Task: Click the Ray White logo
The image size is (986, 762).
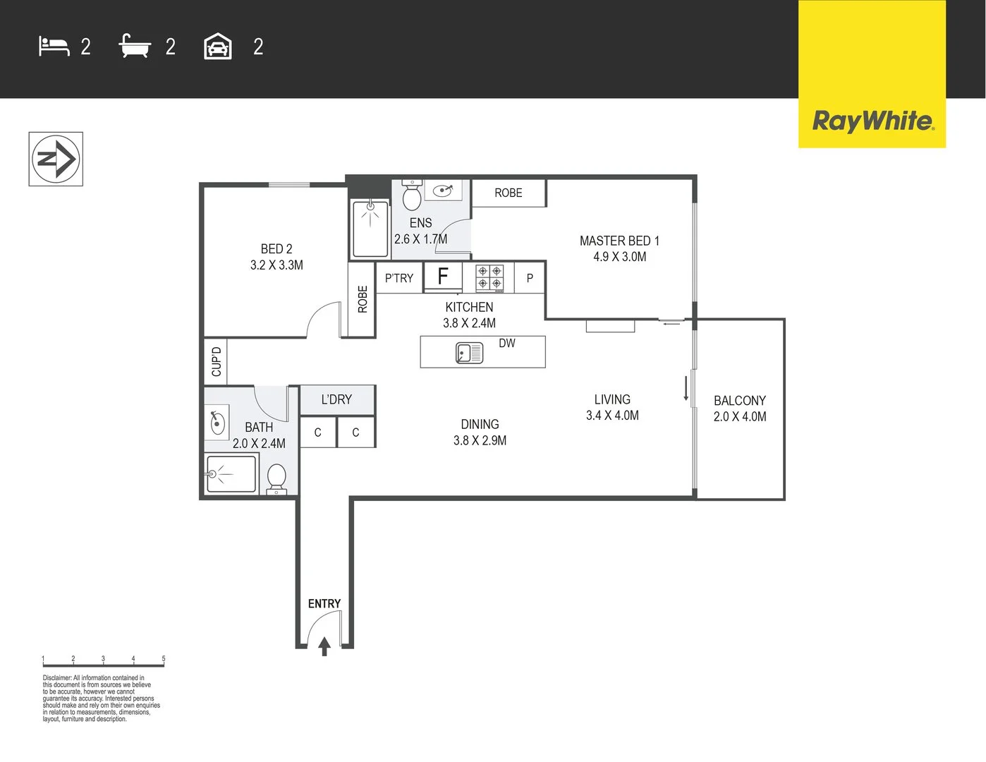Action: coord(872,121)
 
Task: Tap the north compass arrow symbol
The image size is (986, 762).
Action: coord(56,159)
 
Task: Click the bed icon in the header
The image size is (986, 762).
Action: coord(54,47)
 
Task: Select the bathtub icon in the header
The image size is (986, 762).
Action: coord(135,47)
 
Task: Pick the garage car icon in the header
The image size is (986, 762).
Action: coord(218,47)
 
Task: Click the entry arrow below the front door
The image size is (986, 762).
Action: coord(324,646)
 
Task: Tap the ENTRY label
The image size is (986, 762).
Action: coord(324,604)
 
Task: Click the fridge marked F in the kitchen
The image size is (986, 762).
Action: coord(443,277)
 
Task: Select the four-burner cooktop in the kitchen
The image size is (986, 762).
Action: coord(489,278)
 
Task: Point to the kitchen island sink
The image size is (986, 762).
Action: coord(469,352)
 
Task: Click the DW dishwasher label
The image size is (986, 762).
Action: coord(507,344)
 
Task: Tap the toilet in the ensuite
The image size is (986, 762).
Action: coord(412,195)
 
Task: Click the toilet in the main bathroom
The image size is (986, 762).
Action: coord(276,479)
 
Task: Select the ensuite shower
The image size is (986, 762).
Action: coord(370,229)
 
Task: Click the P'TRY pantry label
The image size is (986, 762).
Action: coord(399,278)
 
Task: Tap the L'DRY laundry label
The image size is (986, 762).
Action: coord(336,399)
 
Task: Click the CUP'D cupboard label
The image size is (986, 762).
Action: coord(217,361)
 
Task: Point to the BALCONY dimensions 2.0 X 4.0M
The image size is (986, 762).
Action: coord(740,417)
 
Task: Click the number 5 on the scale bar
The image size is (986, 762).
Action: coord(164,659)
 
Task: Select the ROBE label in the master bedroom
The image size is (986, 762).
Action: coord(509,193)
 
